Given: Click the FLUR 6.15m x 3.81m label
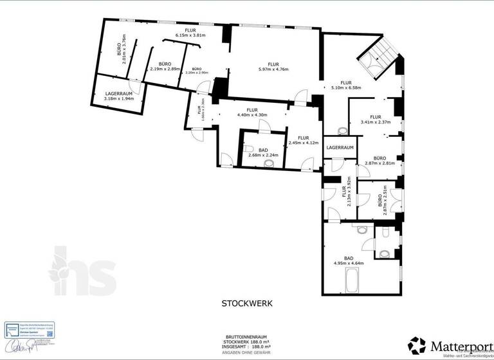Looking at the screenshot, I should [190, 33].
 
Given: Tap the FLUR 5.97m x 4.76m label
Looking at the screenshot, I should [273, 67].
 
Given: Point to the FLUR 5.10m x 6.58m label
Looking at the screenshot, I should [346, 85].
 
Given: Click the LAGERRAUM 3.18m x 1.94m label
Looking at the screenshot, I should [119, 96].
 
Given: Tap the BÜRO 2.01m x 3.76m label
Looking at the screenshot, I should [121, 49].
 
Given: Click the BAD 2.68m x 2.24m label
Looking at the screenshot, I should [263, 152].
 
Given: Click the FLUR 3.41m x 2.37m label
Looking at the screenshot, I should [376, 119].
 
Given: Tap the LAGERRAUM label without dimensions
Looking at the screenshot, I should [340, 148].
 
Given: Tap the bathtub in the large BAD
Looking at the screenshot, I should [353, 280].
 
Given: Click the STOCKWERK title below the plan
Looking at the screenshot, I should [247, 303].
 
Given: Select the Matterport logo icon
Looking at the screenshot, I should [417, 345].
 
